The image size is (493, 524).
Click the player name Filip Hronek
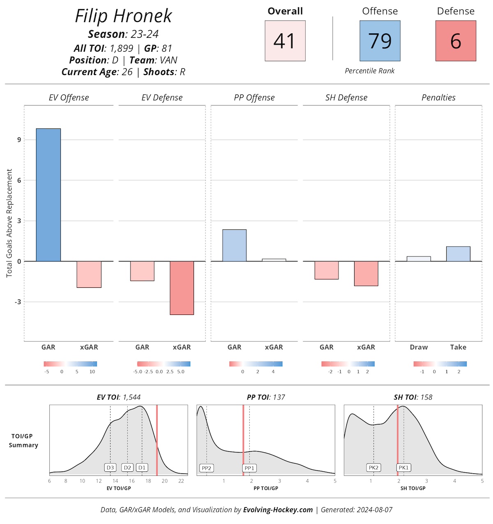pyautogui.click(x=123, y=16)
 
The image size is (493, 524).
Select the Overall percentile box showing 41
pyautogui.click(x=285, y=41)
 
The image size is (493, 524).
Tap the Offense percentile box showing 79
pyautogui.click(x=380, y=41)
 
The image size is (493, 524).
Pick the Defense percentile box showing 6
pyautogui.click(x=456, y=41)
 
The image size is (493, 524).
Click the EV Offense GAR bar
pyautogui.click(x=48, y=195)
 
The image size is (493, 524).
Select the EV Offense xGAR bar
pyautogui.click(x=89, y=274)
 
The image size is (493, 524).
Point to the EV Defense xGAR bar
pyautogui.click(x=182, y=288)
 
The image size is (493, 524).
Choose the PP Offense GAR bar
pyautogui.click(x=234, y=245)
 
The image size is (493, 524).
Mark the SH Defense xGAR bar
pyautogui.click(x=366, y=273)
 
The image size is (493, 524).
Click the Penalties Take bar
pyautogui.click(x=458, y=254)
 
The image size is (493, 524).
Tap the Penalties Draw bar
pyautogui.click(x=419, y=259)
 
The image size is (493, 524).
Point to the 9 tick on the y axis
pyautogui.click(x=19, y=140)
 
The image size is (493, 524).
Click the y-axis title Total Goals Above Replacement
pyautogui.click(x=9, y=223)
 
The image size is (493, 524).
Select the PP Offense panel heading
pyautogui.click(x=254, y=98)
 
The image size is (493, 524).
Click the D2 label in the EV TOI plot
pyautogui.click(x=127, y=468)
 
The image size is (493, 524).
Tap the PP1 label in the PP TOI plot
pyautogui.click(x=249, y=468)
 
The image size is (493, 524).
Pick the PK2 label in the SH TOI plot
pyautogui.click(x=373, y=468)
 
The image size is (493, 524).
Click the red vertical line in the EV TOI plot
pyautogui.click(x=157, y=440)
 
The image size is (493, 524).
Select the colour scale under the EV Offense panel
pyautogui.click(x=70, y=364)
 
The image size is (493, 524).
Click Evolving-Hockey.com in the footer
pyautogui.click(x=278, y=510)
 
